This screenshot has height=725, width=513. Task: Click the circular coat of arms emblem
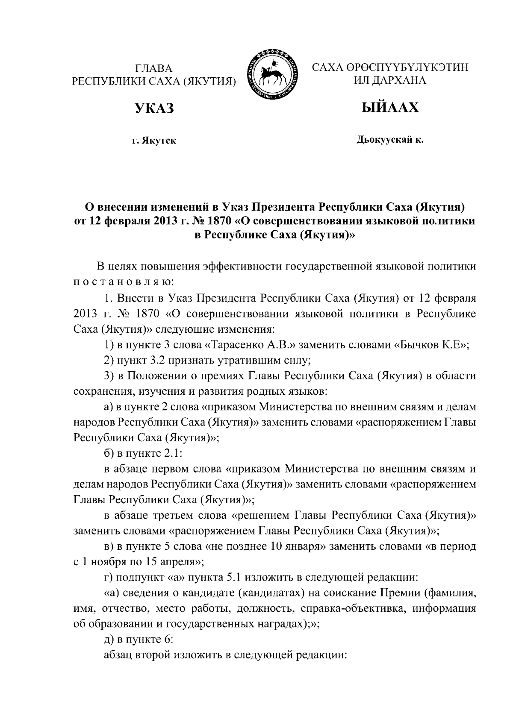pyautogui.click(x=273, y=75)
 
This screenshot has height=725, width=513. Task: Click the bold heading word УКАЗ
pyautogui.click(x=154, y=109)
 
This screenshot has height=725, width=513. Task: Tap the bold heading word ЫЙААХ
pyautogui.click(x=389, y=108)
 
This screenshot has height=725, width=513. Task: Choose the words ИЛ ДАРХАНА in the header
pyautogui.click(x=389, y=80)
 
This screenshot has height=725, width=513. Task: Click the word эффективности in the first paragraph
pyautogui.click(x=247, y=267)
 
